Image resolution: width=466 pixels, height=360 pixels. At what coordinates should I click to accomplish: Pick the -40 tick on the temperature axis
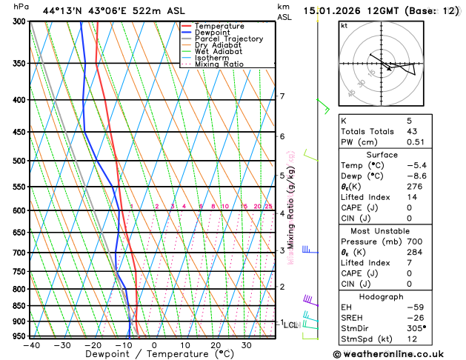coord(31,345)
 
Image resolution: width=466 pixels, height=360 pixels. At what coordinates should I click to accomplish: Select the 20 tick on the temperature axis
coord(216,345)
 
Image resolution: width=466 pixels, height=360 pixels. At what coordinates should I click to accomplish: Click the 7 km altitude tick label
coord(282,96)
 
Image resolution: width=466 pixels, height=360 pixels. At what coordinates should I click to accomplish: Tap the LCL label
coord(290,324)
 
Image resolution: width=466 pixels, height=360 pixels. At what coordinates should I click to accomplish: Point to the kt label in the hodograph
coord(344,25)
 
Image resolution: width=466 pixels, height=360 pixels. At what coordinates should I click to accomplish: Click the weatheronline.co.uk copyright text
coord(399,354)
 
